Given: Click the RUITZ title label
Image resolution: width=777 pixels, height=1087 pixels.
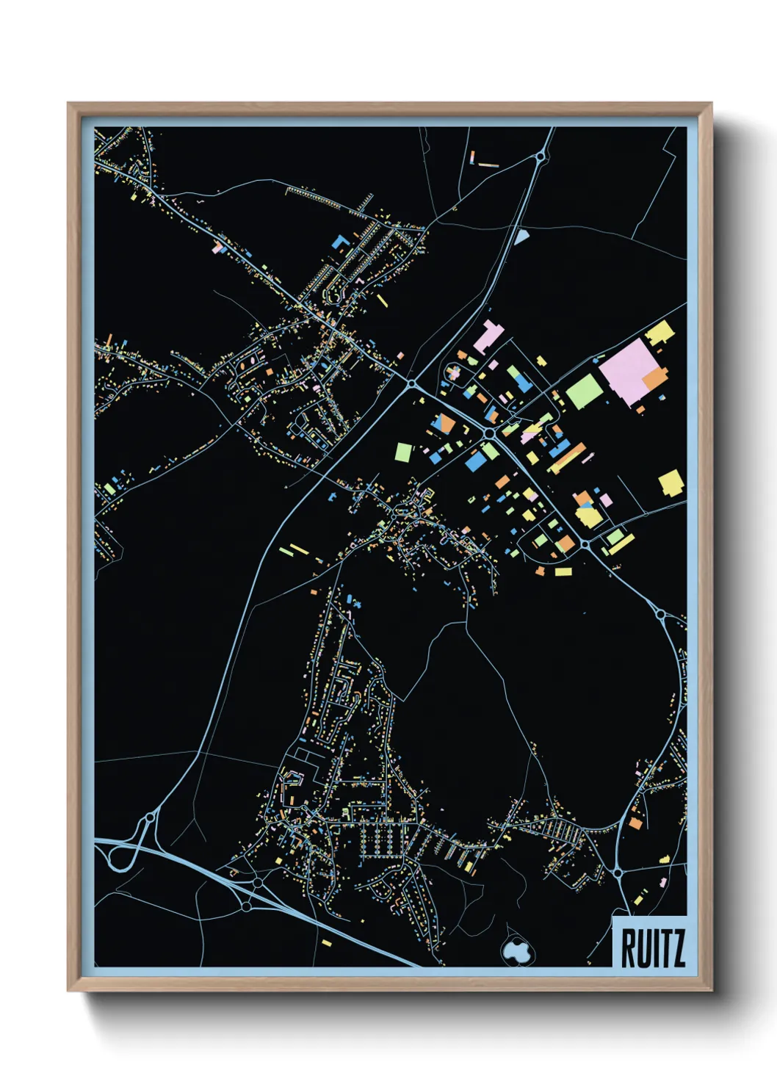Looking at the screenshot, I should click(652, 948).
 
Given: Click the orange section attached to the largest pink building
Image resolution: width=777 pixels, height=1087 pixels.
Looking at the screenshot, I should click(655, 379).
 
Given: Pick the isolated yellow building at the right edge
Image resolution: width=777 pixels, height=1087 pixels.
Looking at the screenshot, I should click(671, 483).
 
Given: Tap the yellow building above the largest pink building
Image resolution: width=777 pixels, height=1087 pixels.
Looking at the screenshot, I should click(659, 332).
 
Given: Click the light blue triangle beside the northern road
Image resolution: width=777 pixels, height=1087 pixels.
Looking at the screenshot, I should click(521, 236).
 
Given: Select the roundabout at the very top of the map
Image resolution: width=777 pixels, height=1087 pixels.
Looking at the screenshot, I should click(541, 156).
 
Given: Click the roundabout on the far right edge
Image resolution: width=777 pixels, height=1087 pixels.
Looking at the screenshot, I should click(660, 613).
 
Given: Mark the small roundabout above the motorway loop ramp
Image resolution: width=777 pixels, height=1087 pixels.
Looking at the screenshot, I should click(150, 817).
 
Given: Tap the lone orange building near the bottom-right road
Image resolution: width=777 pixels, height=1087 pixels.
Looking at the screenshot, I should click(635, 823).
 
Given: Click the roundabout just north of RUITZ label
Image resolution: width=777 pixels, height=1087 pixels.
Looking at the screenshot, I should click(618, 873).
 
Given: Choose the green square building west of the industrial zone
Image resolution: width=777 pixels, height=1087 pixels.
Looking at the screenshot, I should click(403, 452).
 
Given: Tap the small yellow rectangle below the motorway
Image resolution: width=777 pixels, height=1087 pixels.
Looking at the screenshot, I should click(327, 942).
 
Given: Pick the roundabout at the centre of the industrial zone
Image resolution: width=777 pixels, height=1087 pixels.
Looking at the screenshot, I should click(488, 434).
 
